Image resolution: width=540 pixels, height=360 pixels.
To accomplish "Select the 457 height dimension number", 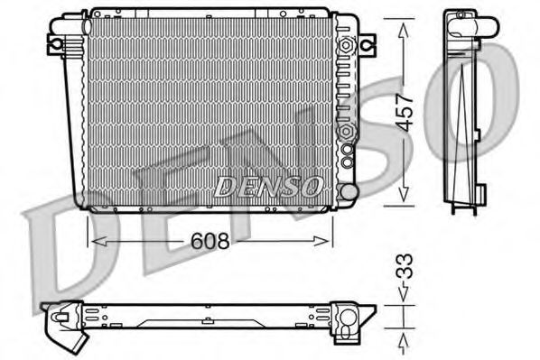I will (405, 108).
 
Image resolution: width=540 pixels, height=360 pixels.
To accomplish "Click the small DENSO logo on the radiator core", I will (267, 187).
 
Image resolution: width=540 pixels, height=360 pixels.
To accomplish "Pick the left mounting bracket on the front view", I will (57, 42).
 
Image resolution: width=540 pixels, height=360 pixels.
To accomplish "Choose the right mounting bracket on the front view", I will (366, 42).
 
